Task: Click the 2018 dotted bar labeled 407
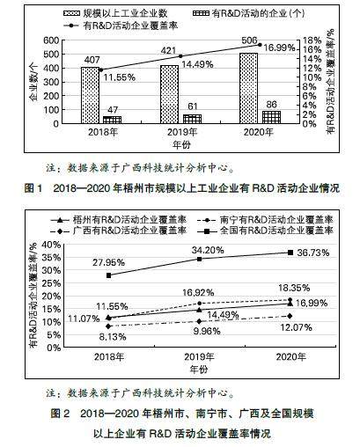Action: [91, 95]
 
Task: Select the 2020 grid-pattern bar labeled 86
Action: [271, 117]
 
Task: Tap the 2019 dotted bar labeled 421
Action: [169, 94]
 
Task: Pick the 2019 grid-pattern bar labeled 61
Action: [192, 119]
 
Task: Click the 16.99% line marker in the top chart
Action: [260, 45]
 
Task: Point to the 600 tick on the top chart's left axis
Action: [51, 40]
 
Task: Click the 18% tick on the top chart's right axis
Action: [312, 40]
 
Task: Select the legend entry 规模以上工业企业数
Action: [115, 13]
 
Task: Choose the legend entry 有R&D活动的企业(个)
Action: [249, 13]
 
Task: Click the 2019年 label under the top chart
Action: [182, 132]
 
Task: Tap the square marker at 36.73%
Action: [290, 253]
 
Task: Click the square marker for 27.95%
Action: [108, 275]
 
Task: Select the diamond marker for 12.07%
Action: [290, 316]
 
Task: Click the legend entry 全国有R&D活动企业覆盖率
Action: [266, 231]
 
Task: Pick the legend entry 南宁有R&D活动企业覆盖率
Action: [266, 220]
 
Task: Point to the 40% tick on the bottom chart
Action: [51, 245]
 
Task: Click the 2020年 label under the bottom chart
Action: [291, 357]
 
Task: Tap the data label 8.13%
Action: [113, 337]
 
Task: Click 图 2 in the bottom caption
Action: [60, 414]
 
